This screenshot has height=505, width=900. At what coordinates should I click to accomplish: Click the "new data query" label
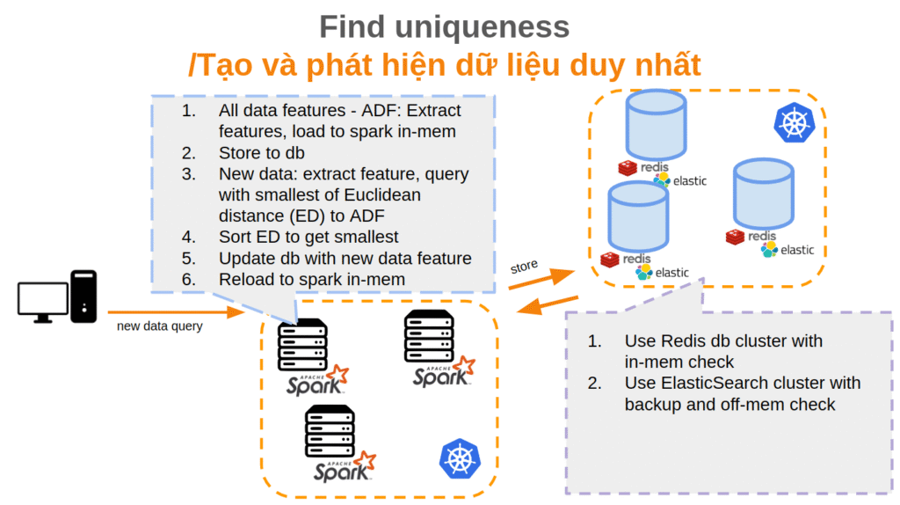(160, 326)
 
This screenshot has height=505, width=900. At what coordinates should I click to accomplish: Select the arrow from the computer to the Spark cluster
(175, 311)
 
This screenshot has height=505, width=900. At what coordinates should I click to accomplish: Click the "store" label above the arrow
(524, 265)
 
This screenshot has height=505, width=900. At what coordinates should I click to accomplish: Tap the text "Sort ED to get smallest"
(308, 236)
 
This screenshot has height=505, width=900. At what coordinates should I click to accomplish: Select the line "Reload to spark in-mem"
(312, 279)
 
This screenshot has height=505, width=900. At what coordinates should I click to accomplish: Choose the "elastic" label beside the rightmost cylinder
(797, 250)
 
